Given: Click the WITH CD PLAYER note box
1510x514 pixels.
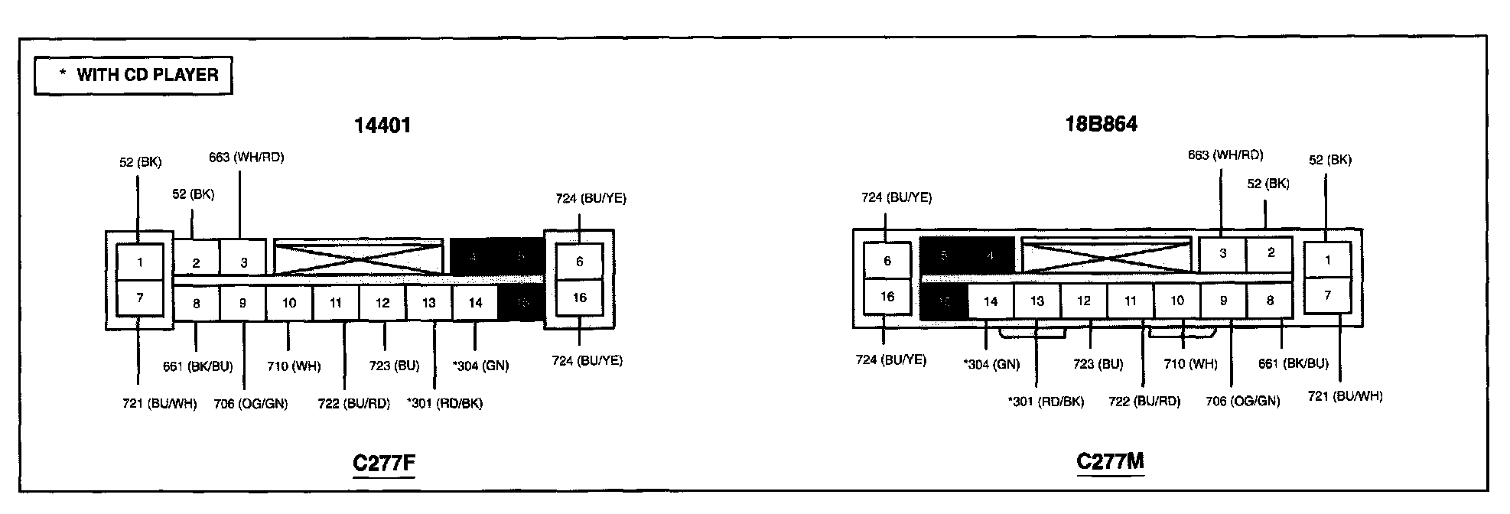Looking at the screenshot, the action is (133, 75).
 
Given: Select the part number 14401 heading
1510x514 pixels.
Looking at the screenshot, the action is (382, 125).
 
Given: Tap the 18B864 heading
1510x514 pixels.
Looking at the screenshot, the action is (1101, 124).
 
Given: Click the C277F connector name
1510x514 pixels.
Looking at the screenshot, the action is (383, 463).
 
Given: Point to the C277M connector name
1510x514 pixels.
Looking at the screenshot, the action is (1110, 461).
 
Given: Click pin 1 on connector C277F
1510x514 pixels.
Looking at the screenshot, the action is (140, 262).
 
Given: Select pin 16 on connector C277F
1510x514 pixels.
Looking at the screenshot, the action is (579, 298).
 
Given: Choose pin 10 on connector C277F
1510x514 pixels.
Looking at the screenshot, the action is (289, 303).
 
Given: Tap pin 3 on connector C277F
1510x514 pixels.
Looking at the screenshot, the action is (243, 262).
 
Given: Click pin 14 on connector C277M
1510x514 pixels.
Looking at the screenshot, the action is (991, 301).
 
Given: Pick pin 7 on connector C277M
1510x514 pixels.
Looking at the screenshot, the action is (1327, 295).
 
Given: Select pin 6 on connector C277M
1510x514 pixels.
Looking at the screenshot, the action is (887, 261).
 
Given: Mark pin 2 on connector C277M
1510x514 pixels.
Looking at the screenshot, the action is (1270, 253).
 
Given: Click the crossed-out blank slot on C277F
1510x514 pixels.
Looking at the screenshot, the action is (358, 256).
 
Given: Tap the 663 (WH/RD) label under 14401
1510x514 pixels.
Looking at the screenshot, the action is (246, 158).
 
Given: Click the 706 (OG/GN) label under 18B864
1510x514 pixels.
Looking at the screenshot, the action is (1242, 401).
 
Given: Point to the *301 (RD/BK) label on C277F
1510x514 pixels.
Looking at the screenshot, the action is (444, 403).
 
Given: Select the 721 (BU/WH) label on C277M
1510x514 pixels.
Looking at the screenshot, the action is (1345, 396).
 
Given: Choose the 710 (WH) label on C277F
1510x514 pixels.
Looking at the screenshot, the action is (294, 366).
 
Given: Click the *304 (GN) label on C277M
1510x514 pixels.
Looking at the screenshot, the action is (991, 364).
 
